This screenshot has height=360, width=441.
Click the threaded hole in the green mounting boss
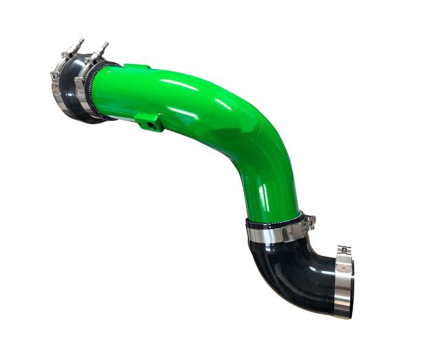(146, 125)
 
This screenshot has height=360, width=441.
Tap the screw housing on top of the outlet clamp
(344, 250)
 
